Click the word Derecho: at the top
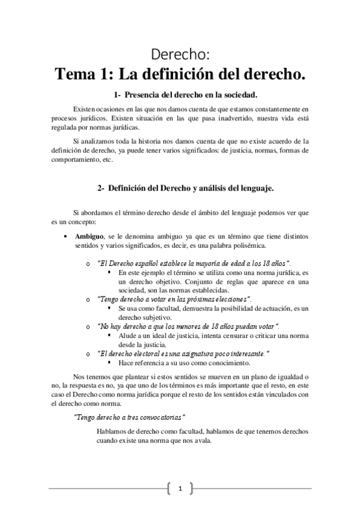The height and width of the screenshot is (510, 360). pos(180,55)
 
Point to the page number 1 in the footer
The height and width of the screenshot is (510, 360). pos(180,488)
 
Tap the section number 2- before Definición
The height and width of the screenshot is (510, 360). pos(102,188)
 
